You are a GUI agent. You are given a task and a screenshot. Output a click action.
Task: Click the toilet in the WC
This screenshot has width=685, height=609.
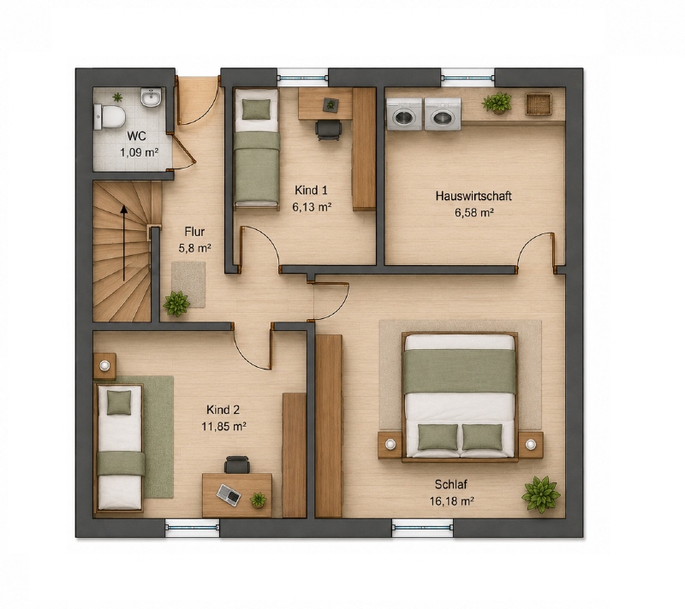tap(110, 117)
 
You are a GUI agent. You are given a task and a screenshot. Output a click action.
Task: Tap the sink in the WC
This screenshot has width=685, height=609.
tap(152, 98)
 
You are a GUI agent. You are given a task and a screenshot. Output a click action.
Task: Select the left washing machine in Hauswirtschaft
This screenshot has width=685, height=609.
tap(404, 115)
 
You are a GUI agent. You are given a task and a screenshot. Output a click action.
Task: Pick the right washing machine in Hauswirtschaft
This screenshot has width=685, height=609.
tap(443, 115)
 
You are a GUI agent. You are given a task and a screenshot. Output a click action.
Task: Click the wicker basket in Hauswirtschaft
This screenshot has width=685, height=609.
tap(539, 103)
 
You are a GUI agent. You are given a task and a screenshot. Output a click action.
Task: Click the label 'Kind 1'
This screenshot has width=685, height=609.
tap(311, 190)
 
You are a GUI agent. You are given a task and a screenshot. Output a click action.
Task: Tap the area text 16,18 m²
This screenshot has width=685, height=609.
tap(452, 501)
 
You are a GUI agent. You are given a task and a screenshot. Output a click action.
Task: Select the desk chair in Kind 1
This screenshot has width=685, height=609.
tap(329, 130)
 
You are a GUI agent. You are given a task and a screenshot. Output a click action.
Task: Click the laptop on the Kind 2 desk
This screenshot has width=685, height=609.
tap(229, 494)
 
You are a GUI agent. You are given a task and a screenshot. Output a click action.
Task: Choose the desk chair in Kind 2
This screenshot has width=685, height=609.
tap(237, 464)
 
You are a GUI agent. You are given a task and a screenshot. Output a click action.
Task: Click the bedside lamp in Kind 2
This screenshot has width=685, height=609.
tap(104, 365)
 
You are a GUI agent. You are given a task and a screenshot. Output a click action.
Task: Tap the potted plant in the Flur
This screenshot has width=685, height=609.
tap(176, 303)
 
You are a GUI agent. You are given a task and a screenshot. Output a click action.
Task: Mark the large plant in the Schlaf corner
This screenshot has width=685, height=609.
tap(541, 494)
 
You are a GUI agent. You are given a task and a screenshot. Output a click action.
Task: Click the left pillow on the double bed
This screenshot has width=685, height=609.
tap(438, 437)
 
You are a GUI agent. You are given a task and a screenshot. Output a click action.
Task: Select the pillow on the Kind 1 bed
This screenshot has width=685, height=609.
tap(256, 109)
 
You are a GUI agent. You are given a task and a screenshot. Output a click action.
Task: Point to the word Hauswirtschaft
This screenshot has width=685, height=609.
tap(474, 196)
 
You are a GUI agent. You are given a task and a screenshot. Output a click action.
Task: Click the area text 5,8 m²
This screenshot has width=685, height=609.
tap(195, 248)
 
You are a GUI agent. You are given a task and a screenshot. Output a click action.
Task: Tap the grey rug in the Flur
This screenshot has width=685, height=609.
tap(188, 284)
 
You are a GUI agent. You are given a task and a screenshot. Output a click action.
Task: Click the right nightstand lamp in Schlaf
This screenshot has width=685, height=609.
tap(531, 445)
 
